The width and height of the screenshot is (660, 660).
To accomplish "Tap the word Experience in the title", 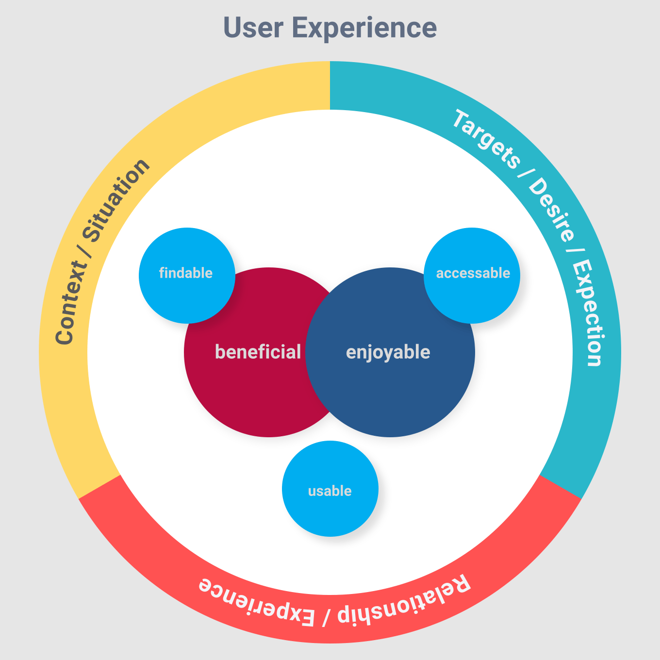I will coord(364,28).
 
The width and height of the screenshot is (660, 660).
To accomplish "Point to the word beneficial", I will coord(258,352).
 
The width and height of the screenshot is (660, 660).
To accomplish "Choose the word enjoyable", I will coord(388,352).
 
